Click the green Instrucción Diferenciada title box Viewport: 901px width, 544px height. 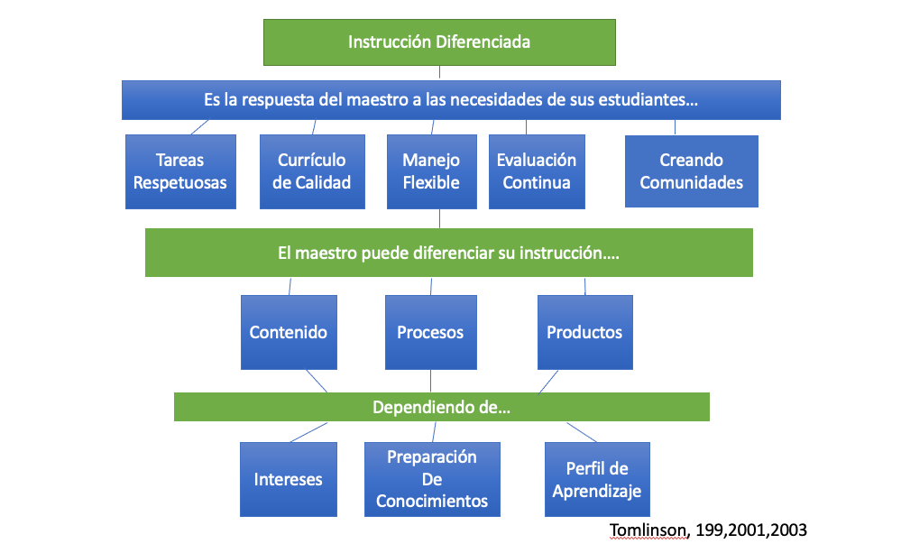[439, 41]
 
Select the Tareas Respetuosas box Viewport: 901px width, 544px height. [180, 171]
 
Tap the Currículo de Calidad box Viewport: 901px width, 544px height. [312, 171]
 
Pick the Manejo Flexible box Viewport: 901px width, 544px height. [431, 171]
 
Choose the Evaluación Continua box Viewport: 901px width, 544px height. [537, 171]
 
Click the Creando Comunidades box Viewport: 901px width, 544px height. [691, 171]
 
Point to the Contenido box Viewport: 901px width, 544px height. [289, 332]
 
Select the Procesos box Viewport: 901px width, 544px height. [430, 332]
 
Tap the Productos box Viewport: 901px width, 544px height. [584, 332]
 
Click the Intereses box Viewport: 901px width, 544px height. [289, 479]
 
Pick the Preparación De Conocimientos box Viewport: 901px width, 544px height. [432, 479]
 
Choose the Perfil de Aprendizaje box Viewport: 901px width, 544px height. [597, 479]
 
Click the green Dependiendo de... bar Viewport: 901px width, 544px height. [442, 407]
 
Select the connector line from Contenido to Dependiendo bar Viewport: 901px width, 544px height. [316, 381]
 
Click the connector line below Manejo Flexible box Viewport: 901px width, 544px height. [439, 218]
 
